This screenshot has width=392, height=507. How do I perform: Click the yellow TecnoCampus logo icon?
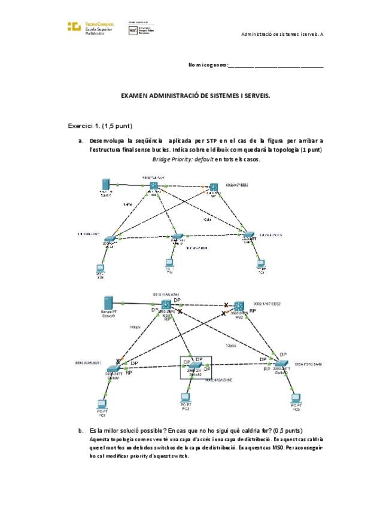pyautogui.click(x=74, y=26)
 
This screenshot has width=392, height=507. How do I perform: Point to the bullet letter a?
pyautogui.click(x=80, y=140)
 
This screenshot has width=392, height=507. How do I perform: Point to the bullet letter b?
pyautogui.click(x=80, y=430)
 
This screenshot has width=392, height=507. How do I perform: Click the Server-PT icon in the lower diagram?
pyautogui.click(x=109, y=303)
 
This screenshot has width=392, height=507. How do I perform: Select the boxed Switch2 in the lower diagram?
pyautogui.click(x=195, y=366)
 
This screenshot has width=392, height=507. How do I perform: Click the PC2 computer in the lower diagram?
pyautogui.click(x=186, y=399)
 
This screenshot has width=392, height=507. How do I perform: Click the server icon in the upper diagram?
pyautogui.click(x=106, y=184)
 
